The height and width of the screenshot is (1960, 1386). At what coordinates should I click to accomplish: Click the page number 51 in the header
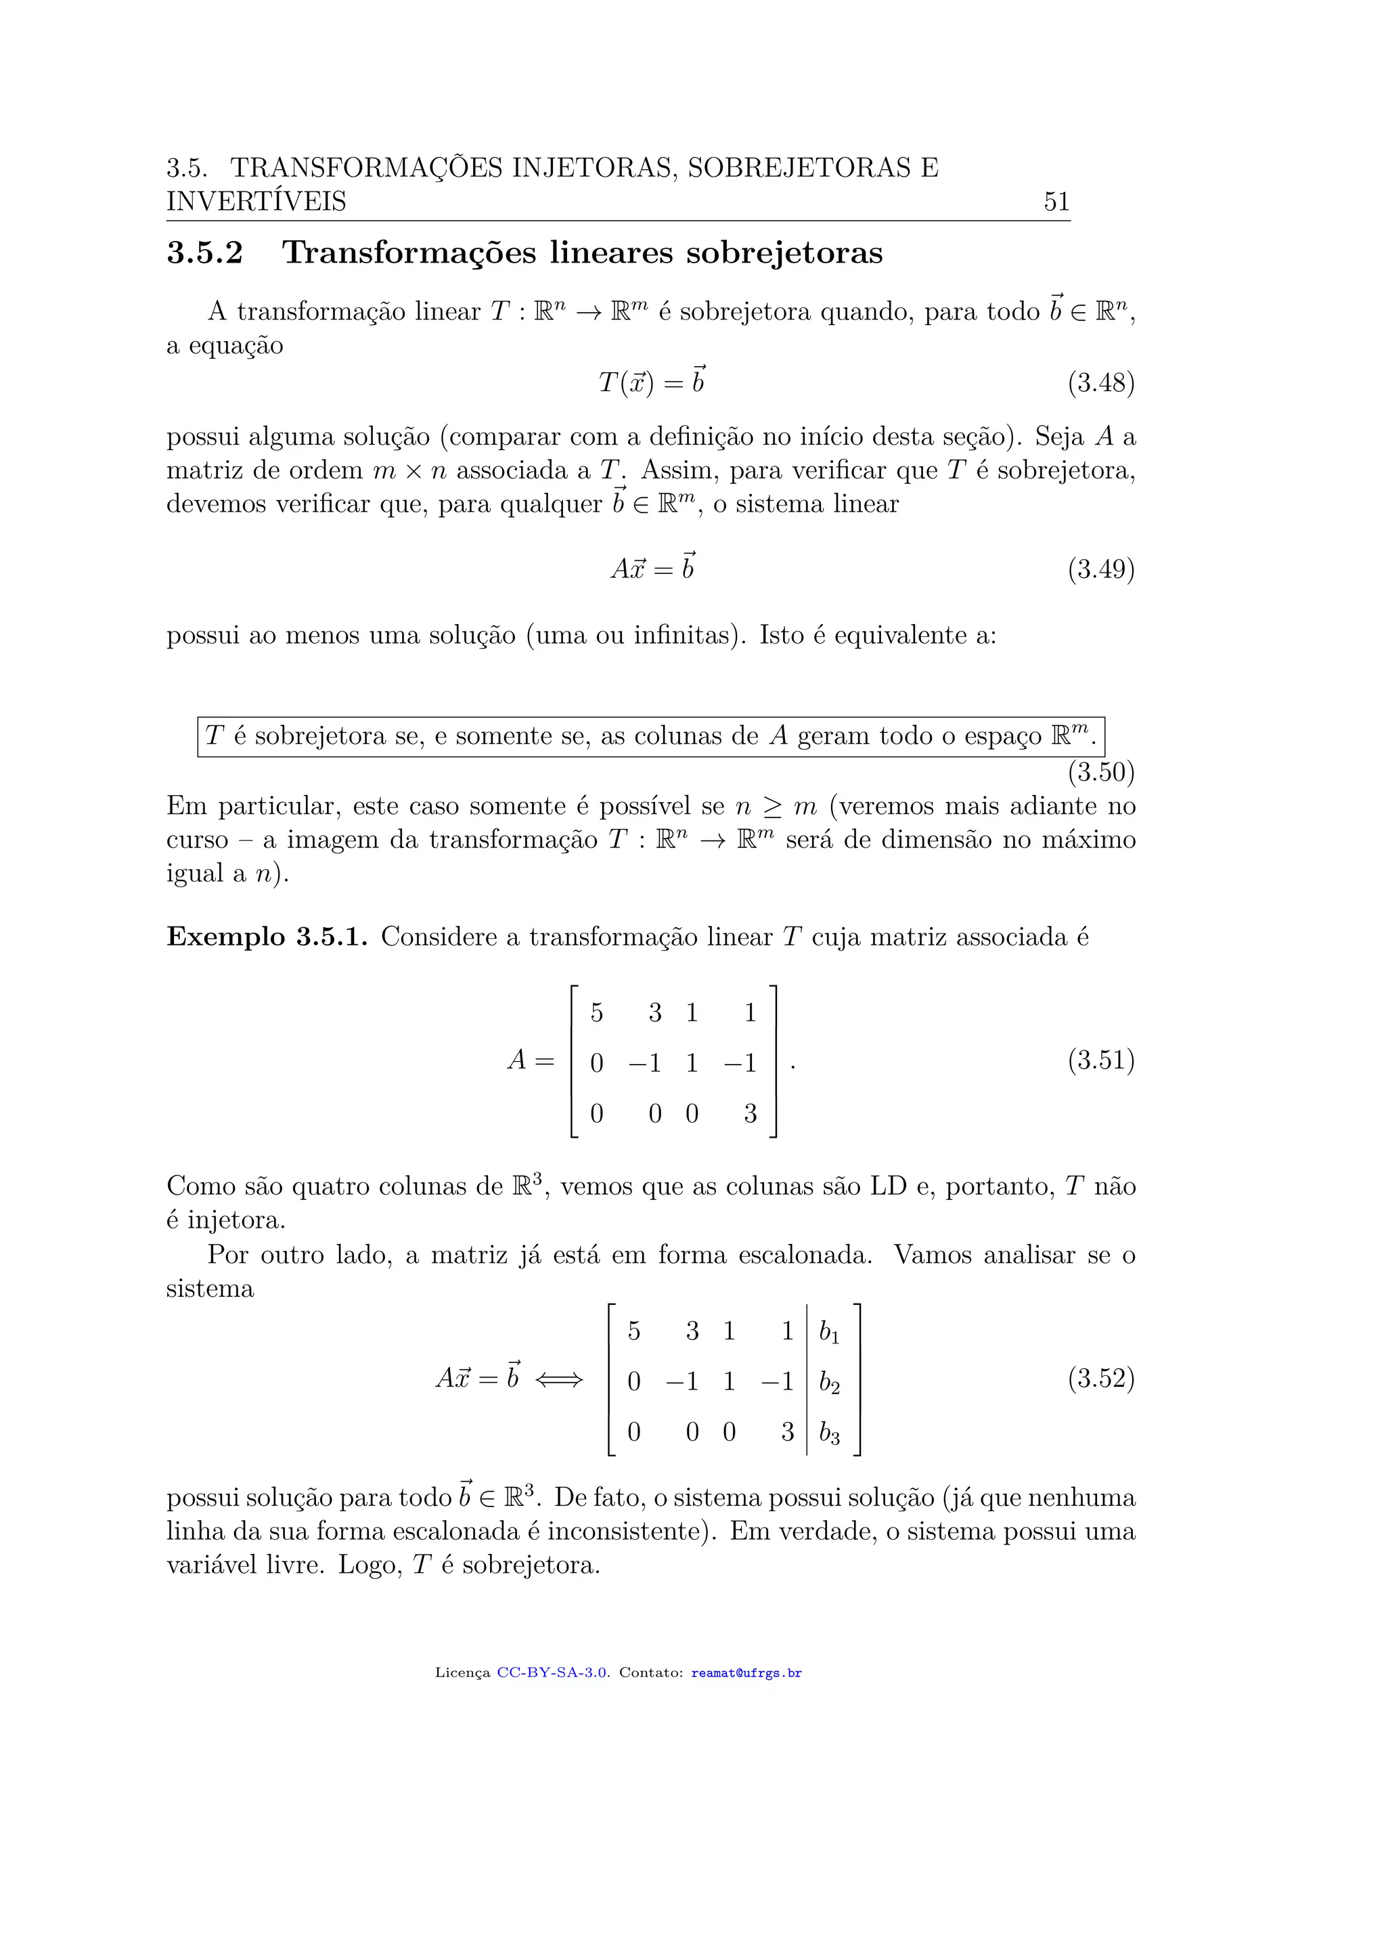tap(1056, 202)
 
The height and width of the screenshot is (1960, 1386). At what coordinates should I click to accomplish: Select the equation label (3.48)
tap(1100, 382)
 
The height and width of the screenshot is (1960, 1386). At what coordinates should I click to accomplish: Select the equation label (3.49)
tap(1100, 569)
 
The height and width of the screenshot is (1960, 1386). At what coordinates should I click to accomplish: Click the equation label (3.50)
tap(1100, 772)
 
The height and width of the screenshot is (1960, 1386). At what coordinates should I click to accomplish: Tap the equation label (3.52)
tap(1100, 1378)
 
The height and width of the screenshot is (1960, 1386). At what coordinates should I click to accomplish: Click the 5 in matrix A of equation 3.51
tap(596, 1012)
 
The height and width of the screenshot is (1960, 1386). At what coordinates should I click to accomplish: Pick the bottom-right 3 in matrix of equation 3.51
tap(750, 1113)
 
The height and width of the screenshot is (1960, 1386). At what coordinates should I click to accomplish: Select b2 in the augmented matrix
tap(829, 1382)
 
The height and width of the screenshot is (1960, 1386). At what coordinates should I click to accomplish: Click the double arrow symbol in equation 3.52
tap(559, 1379)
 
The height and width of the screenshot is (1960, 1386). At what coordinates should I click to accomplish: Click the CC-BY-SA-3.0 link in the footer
tap(552, 1672)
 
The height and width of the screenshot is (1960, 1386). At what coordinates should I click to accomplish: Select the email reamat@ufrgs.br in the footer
tap(746, 1672)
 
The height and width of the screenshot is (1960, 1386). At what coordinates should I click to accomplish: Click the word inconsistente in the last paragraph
tap(627, 1532)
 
